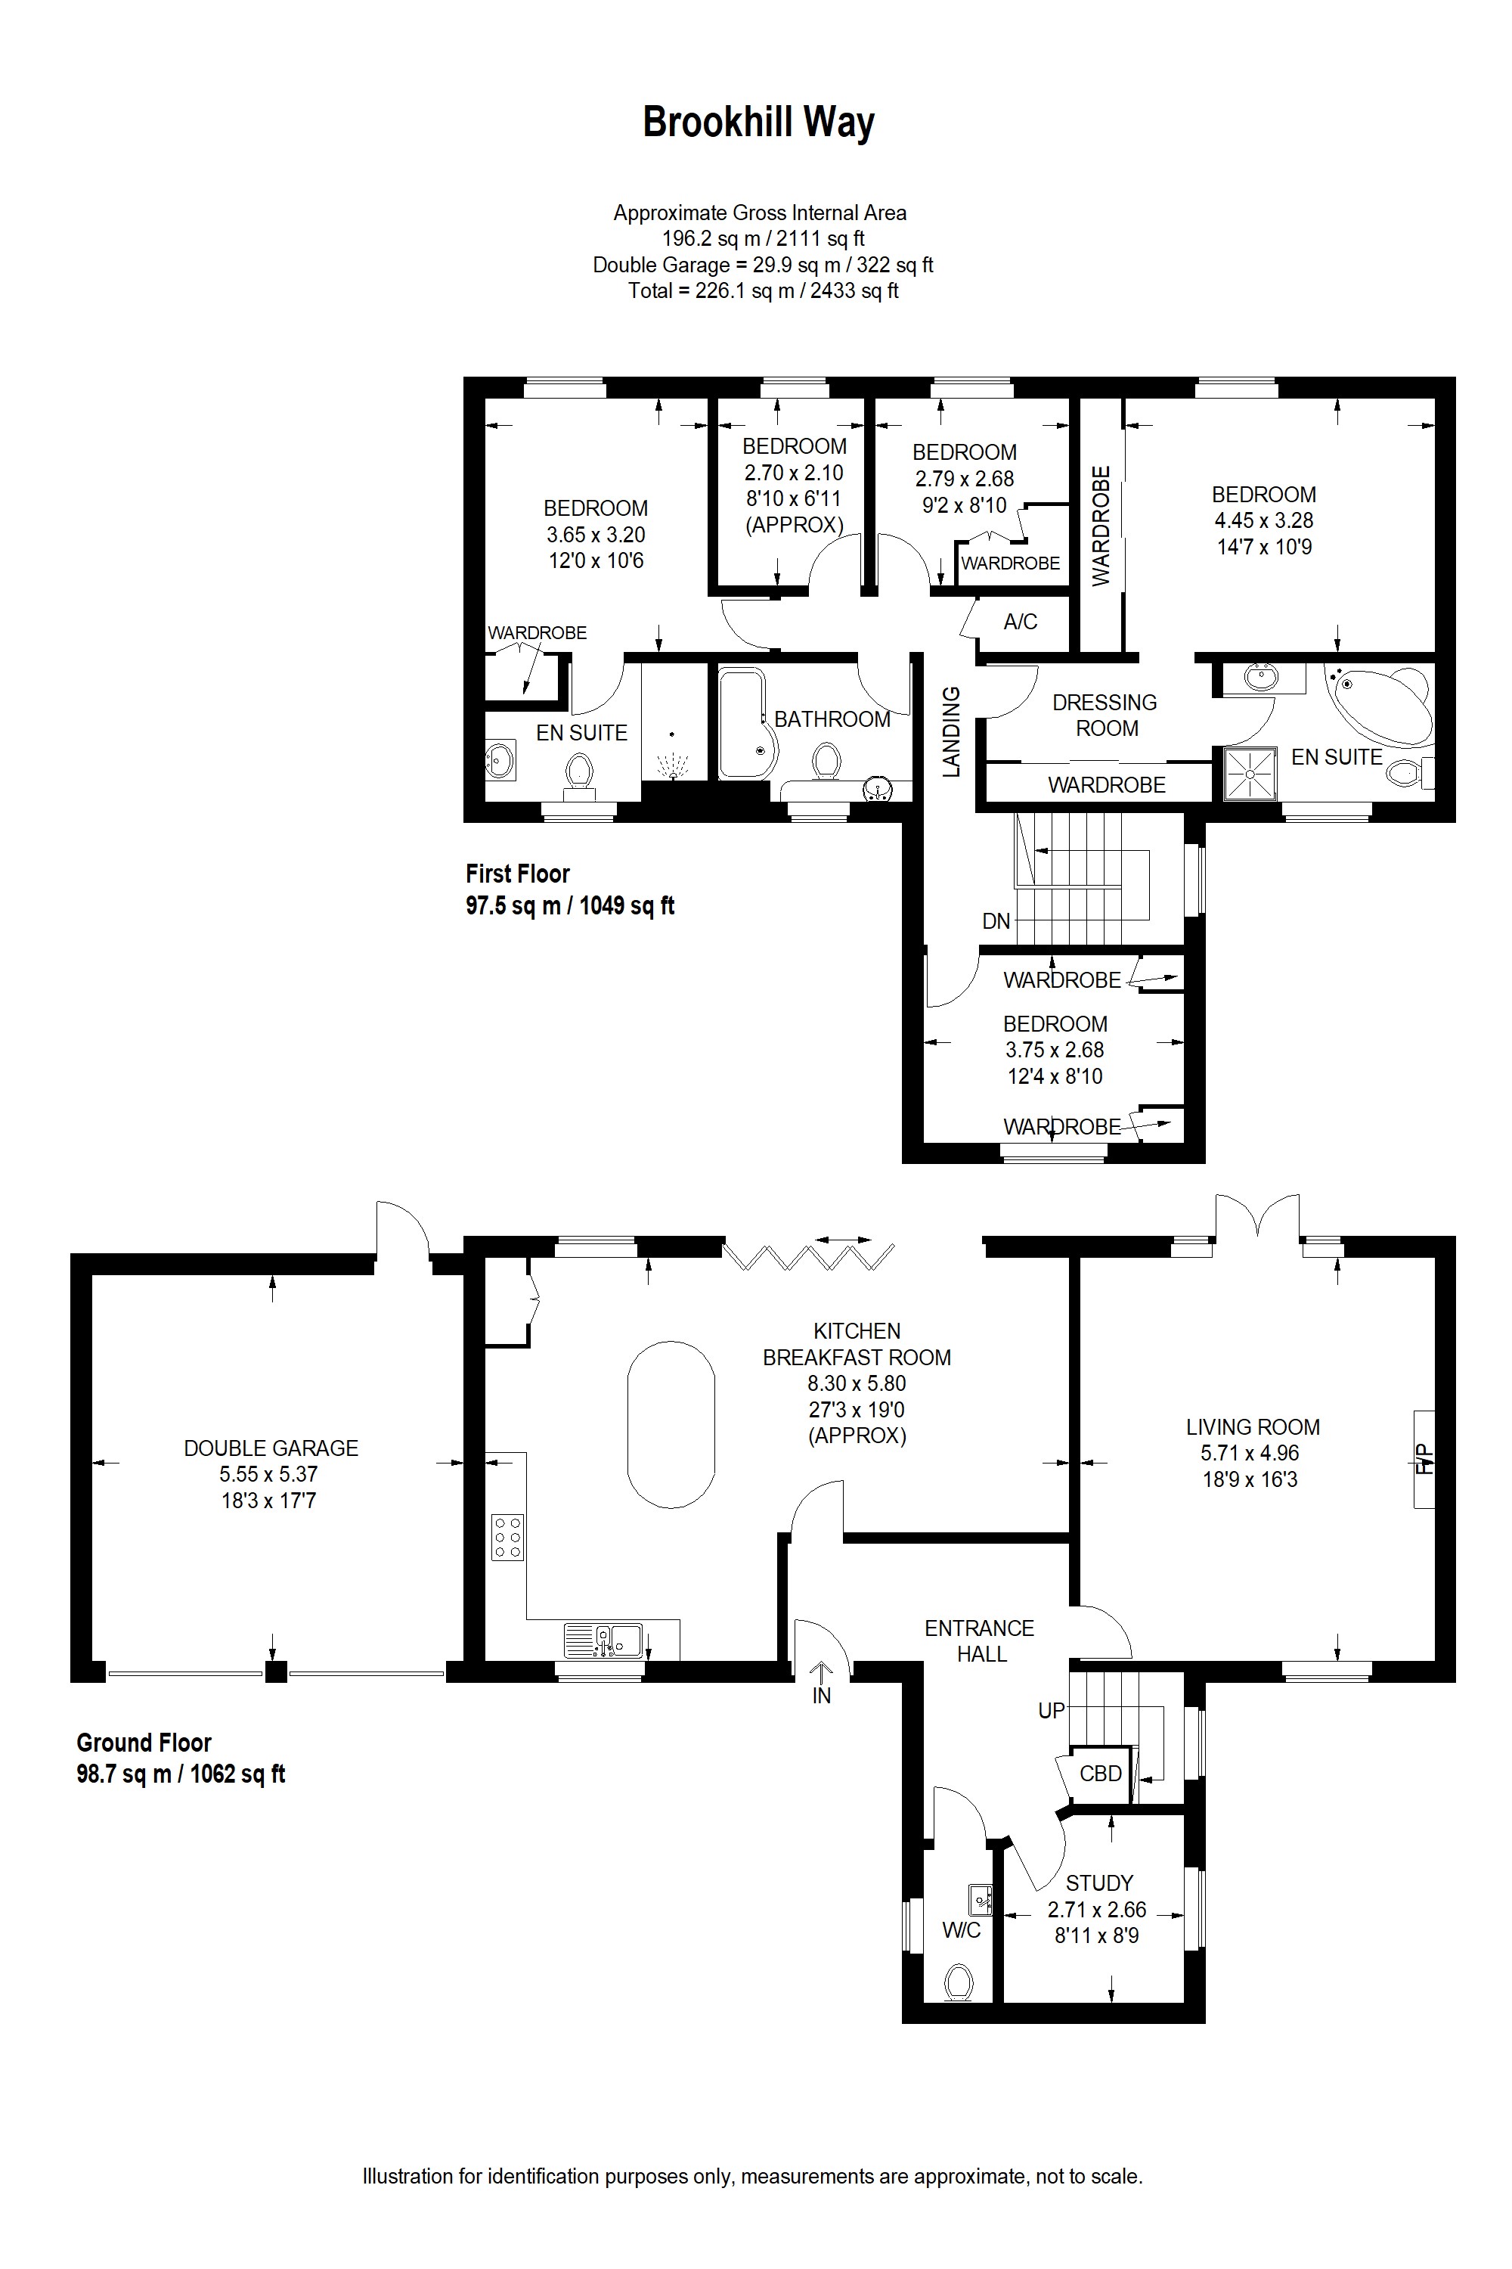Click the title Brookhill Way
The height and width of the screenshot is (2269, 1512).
click(x=758, y=123)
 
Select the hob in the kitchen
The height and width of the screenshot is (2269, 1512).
click(x=508, y=1536)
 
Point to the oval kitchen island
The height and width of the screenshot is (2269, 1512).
click(x=671, y=1423)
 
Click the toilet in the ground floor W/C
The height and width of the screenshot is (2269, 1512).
click(x=958, y=1982)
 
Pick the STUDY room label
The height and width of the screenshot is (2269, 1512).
click(x=1099, y=1883)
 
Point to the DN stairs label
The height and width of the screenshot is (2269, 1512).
click(x=996, y=920)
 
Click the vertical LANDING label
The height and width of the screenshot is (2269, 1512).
click(x=952, y=731)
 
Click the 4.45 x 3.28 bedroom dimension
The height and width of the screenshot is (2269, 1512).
click(x=1263, y=520)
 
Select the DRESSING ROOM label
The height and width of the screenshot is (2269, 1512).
click(x=1105, y=715)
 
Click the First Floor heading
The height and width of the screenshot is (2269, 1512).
click(x=518, y=874)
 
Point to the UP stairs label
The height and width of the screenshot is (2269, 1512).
click(x=1051, y=1710)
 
